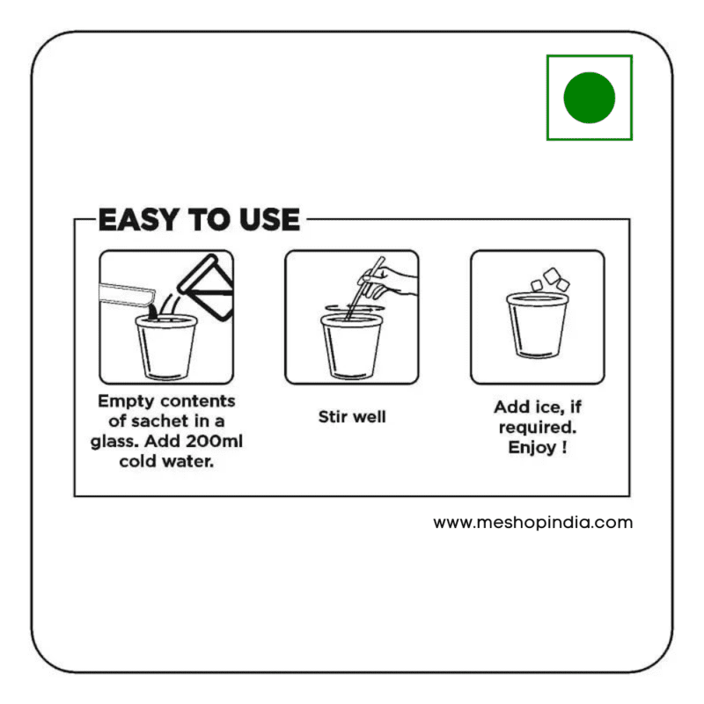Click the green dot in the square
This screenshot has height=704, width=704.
pos(589,98)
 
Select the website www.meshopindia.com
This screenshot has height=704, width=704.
pos(533,523)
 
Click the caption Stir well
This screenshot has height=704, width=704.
pos(352,416)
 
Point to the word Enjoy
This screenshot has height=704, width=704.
pos(532,448)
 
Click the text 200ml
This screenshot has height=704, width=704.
pos(214,441)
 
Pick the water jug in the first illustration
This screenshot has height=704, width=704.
pos(206,288)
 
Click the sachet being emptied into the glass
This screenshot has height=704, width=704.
pos(127,295)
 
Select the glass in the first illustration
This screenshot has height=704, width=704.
pos(166,347)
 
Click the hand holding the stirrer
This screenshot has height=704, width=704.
pos(389,282)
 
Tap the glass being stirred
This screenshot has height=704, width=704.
pos(352,347)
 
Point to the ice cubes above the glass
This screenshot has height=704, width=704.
pos(550,280)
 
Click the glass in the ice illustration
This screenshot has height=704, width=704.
pos(538,325)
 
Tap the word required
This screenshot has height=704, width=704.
pos(538,428)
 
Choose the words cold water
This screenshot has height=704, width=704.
pos(166,461)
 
